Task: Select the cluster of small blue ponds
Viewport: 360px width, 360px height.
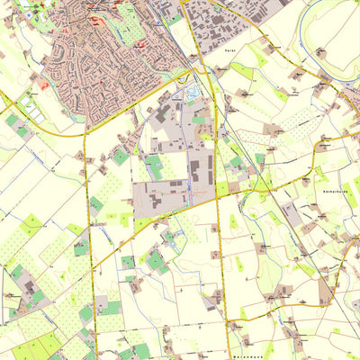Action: tap(193, 92)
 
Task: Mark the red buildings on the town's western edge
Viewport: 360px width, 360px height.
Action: tap(41, 85)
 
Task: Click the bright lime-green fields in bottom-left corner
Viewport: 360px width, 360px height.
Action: tap(27, 346)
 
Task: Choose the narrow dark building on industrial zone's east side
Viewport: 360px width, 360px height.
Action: tap(209, 167)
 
